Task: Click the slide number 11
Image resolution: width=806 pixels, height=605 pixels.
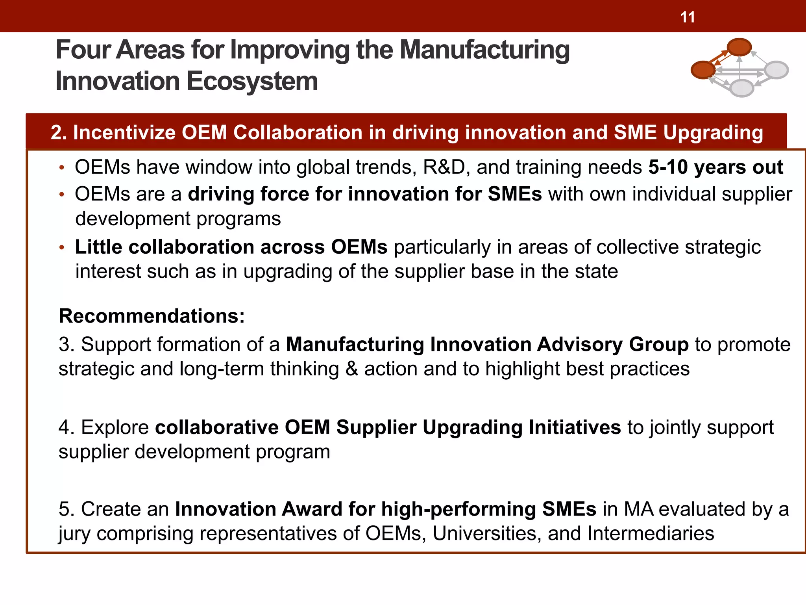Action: [688, 17]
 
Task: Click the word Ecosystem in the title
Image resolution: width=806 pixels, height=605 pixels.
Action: [252, 81]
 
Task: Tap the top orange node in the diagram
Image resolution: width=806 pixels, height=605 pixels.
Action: [739, 47]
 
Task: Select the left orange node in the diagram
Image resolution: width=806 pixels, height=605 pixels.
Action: [703, 70]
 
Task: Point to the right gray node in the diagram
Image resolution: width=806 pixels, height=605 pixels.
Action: [776, 70]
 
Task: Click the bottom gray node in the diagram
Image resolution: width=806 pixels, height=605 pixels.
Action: [742, 87]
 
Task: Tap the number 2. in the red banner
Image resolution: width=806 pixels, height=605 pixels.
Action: [59, 132]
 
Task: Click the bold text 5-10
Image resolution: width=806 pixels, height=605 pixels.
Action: [668, 167]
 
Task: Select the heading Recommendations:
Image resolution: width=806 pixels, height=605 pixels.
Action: [152, 316]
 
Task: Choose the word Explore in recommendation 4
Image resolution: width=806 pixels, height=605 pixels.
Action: [115, 427]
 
